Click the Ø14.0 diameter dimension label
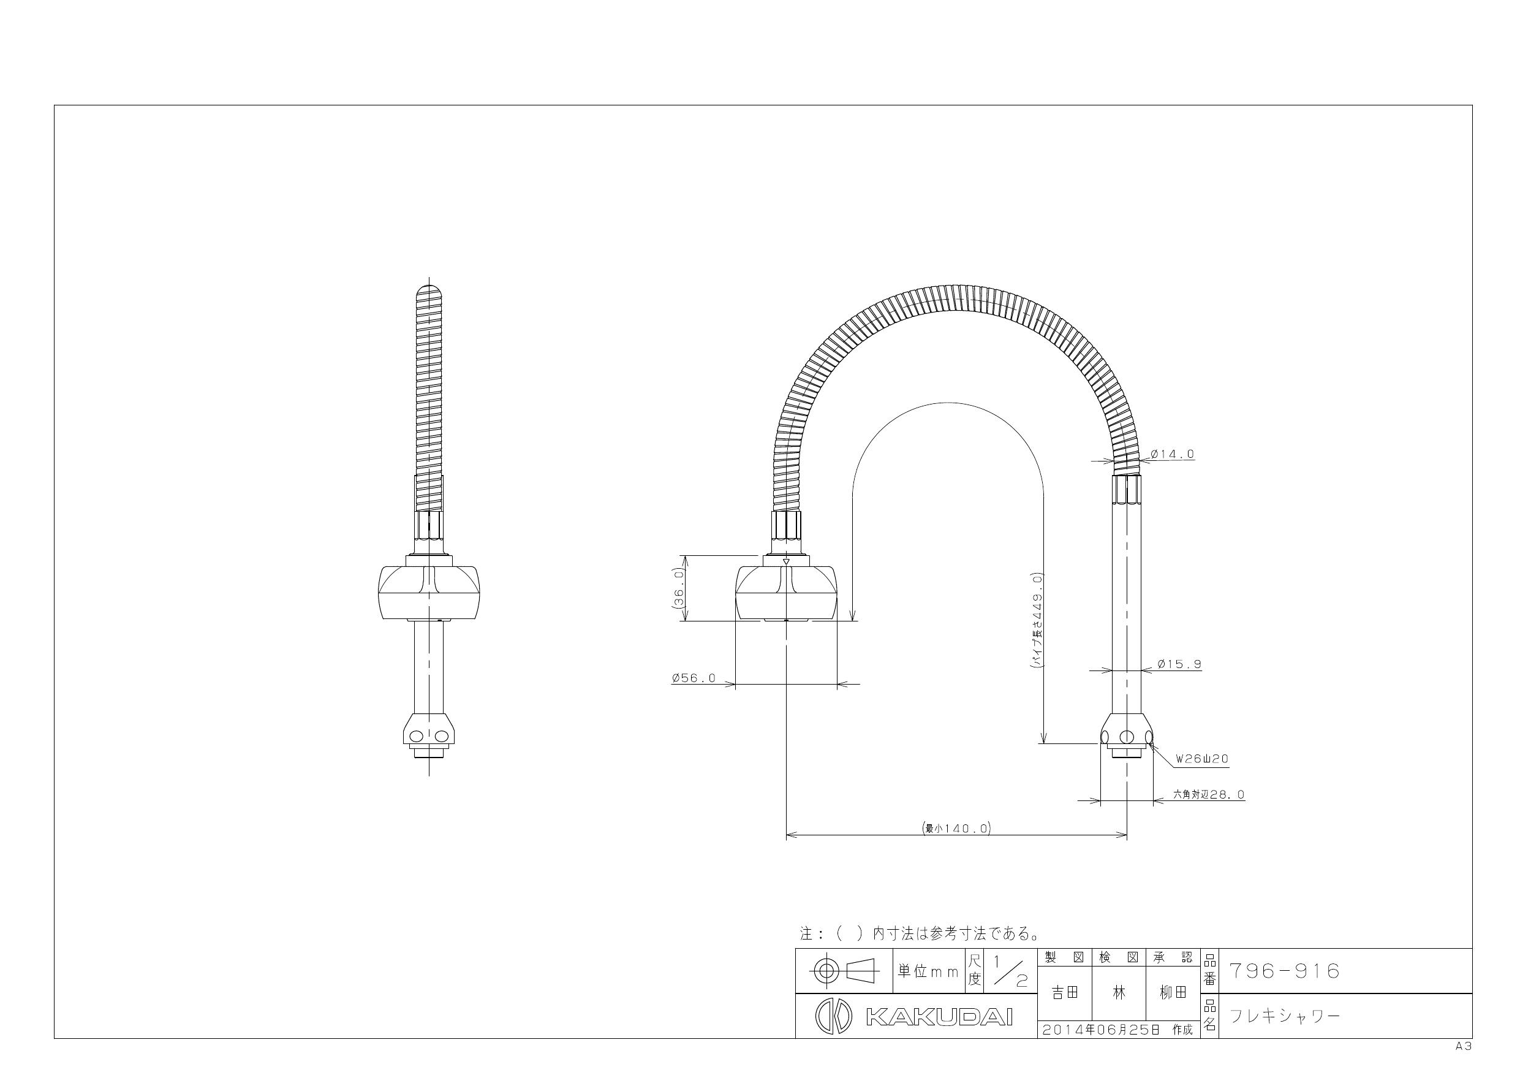click(1172, 454)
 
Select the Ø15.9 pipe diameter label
click(1179, 664)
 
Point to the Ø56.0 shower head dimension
click(694, 678)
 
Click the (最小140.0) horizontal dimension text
click(956, 828)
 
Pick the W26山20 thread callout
click(1202, 759)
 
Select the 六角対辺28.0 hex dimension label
click(1209, 794)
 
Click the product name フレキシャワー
click(1284, 1016)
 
